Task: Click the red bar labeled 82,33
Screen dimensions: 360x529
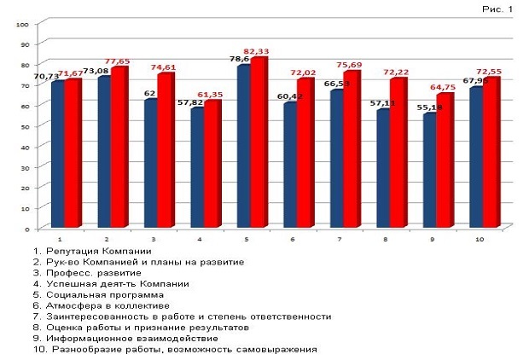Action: pos(259,143)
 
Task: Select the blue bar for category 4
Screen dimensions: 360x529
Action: pos(197,168)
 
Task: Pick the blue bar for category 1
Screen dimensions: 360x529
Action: pos(58,154)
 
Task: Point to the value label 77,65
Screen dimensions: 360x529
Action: pos(116,62)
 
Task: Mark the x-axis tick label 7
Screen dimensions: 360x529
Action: pos(339,240)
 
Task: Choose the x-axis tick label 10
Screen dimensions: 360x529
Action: pos(480,240)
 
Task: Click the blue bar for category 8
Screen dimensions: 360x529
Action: pos(384,169)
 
